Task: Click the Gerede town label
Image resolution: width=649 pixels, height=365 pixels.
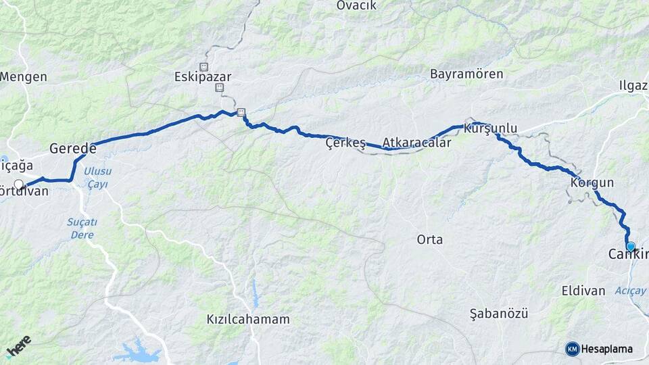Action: pyautogui.click(x=73, y=149)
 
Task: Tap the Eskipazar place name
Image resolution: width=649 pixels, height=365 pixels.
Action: pyautogui.click(x=201, y=77)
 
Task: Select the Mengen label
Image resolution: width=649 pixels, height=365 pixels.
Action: pyautogui.click(x=24, y=76)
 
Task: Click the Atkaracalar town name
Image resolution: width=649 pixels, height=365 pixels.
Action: pyautogui.click(x=416, y=143)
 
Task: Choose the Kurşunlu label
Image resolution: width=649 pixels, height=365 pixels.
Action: pyautogui.click(x=491, y=128)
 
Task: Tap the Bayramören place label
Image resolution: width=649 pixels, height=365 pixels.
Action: pyautogui.click(x=466, y=74)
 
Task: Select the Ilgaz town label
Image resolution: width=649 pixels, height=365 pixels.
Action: pyautogui.click(x=633, y=85)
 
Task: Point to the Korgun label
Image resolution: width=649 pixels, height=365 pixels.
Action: pyautogui.click(x=592, y=182)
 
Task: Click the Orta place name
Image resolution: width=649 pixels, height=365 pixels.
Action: pyautogui.click(x=430, y=239)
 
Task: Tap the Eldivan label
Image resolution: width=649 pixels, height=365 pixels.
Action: pyautogui.click(x=583, y=291)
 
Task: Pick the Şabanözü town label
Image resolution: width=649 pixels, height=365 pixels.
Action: pyautogui.click(x=498, y=314)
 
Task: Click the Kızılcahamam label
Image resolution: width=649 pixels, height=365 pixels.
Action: pyautogui.click(x=249, y=319)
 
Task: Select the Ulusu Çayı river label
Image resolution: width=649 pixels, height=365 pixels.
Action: pyautogui.click(x=97, y=178)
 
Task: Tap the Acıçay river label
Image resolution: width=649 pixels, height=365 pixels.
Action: pyautogui.click(x=631, y=291)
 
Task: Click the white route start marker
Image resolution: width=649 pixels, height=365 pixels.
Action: pyautogui.click(x=19, y=184)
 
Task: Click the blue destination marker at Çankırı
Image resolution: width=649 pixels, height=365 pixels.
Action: pyautogui.click(x=631, y=247)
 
